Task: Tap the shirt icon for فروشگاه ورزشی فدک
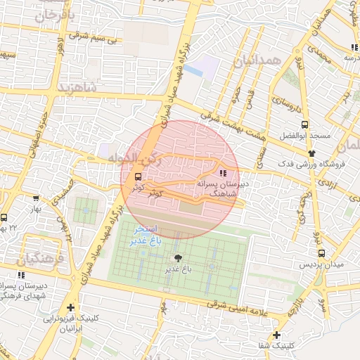pos(311,153)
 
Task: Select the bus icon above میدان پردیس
pos(321,254)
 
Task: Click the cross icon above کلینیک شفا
pos(278,335)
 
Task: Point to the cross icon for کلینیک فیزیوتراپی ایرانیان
pos(70,308)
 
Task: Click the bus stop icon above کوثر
pos(137,176)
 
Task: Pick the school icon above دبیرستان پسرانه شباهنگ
pos(223,172)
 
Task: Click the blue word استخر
pos(152,230)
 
